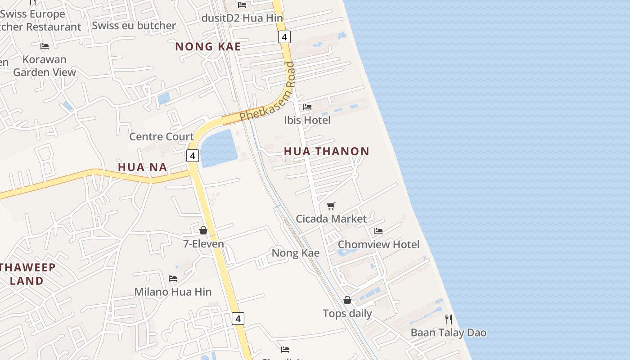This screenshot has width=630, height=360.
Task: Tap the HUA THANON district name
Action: click(x=326, y=151)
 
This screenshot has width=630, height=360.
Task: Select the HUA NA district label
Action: click(x=142, y=167)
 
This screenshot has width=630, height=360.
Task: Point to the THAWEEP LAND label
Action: click(x=28, y=274)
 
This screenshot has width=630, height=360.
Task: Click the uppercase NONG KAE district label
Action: click(x=208, y=46)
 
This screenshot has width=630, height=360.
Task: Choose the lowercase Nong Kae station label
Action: click(x=296, y=253)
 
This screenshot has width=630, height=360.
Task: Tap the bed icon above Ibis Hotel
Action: click(x=307, y=107)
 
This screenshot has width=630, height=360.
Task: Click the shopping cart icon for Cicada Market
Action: click(x=331, y=206)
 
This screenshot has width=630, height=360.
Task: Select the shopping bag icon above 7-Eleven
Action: click(x=203, y=231)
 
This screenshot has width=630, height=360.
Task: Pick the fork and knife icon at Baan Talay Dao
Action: click(x=448, y=319)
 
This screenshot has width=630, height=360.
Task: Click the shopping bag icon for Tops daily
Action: click(x=347, y=300)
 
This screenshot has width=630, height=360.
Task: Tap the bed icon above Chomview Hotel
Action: click(x=378, y=231)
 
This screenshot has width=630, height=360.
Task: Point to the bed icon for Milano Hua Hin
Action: click(x=173, y=279)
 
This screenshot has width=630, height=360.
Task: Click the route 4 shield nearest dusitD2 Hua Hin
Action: click(x=284, y=37)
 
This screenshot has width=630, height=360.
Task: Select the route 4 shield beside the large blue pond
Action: click(x=193, y=156)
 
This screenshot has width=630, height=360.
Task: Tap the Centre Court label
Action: click(x=162, y=136)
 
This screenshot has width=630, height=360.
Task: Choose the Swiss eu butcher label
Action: click(x=134, y=26)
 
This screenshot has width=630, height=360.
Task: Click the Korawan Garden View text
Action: click(x=45, y=66)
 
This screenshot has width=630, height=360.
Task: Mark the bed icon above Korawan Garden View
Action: click(x=45, y=46)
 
